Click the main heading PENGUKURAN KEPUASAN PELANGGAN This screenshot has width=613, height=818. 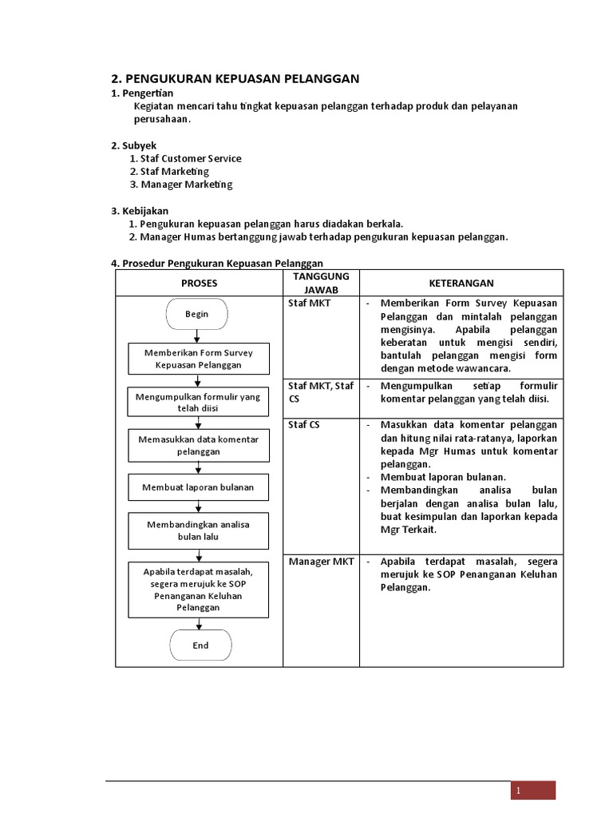(235, 78)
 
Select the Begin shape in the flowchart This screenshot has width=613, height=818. (197, 314)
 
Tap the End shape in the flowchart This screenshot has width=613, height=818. (200, 645)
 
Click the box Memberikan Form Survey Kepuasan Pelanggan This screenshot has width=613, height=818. (199, 359)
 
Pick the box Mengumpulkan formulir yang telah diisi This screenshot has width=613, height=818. (198, 403)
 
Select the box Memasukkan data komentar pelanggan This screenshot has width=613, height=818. (198, 445)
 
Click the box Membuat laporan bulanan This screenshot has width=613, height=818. (198, 486)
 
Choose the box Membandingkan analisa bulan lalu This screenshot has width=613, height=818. (198, 530)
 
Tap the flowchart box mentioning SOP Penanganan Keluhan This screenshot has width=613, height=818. (198, 590)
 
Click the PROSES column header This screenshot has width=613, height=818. (199, 283)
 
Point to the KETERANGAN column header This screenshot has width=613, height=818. (461, 283)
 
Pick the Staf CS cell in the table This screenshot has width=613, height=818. (304, 425)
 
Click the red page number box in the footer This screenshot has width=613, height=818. (533, 791)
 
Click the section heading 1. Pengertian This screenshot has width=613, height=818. (144, 94)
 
